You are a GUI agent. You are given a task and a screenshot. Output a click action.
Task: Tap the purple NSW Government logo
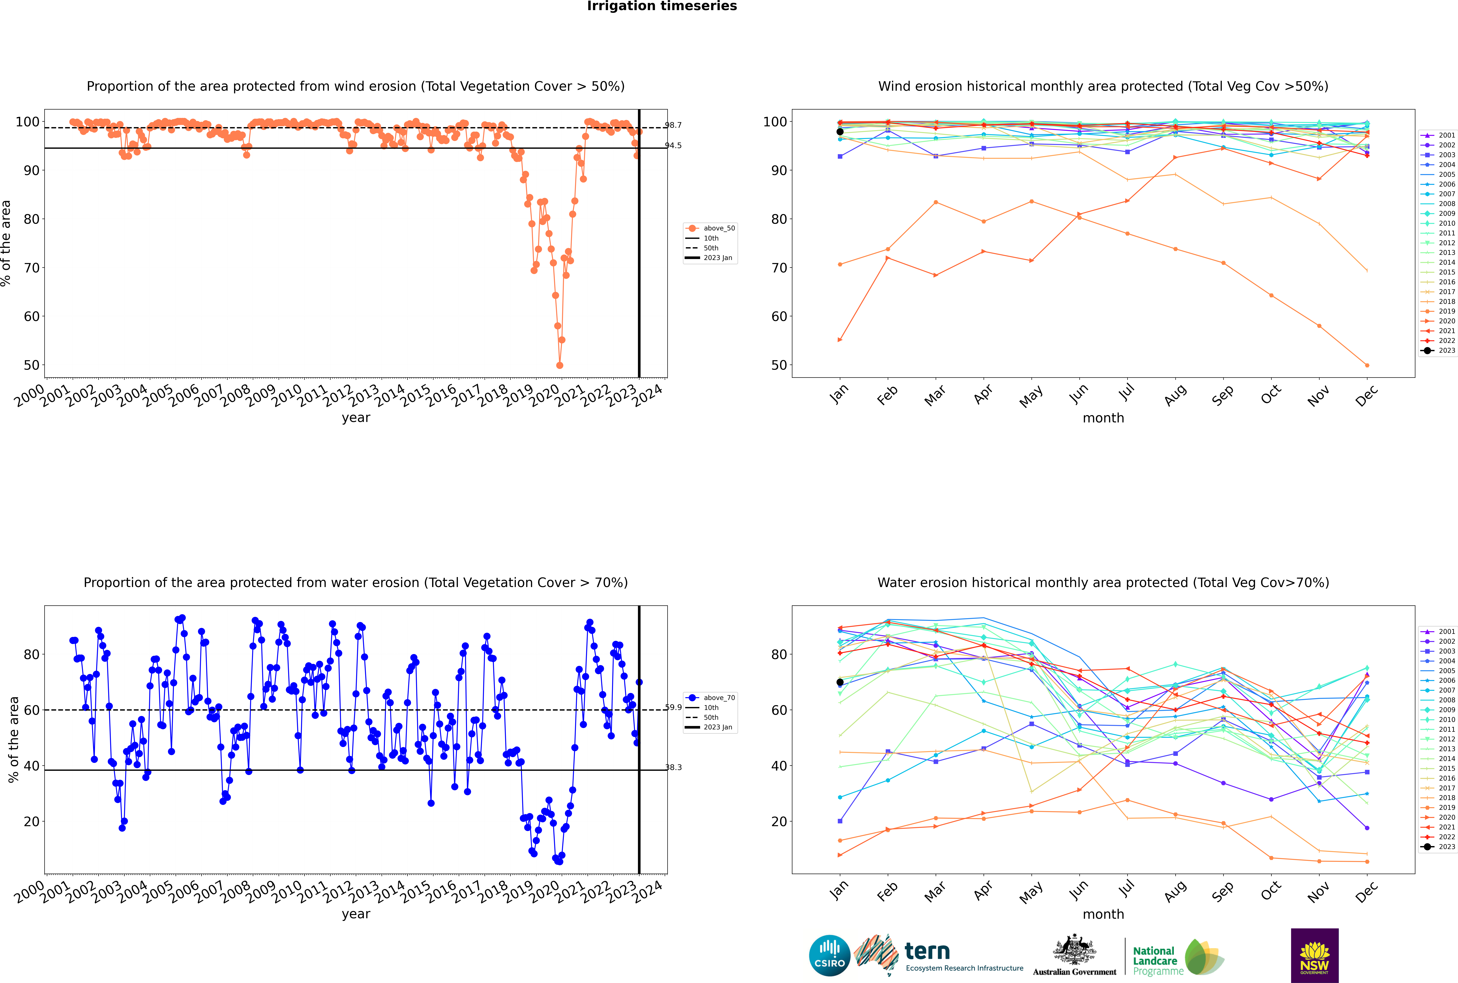point(1314,955)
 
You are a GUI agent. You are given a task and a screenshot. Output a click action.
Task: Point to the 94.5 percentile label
point(673,145)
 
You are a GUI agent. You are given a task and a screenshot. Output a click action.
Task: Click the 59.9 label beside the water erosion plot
point(673,707)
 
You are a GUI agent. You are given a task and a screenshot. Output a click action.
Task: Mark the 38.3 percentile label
point(673,767)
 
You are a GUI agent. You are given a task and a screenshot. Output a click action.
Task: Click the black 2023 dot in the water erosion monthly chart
point(840,682)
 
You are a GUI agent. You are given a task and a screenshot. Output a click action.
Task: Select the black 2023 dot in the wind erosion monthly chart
point(840,132)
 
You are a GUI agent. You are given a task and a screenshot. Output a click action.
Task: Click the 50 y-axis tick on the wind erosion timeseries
point(31,365)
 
